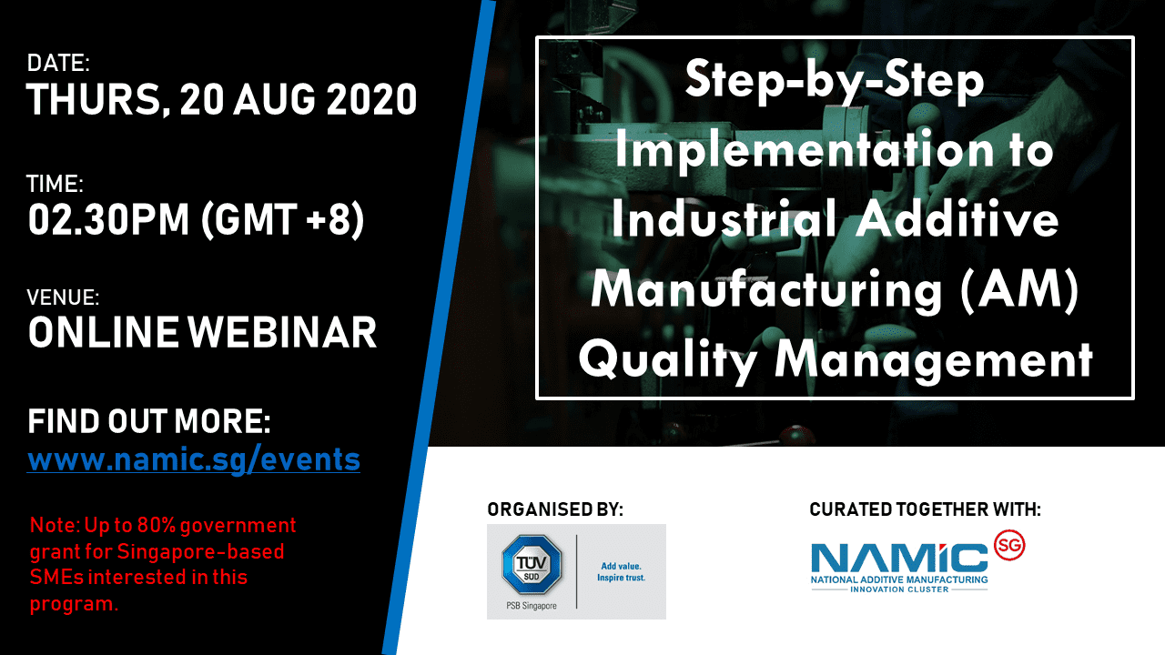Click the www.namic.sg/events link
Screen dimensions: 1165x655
(x=194, y=459)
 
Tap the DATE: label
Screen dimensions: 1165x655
(x=58, y=63)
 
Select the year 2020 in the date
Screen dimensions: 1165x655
(x=371, y=99)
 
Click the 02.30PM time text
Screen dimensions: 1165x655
(x=108, y=220)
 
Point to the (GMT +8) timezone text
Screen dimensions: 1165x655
(x=282, y=220)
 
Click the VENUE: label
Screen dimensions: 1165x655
(x=63, y=297)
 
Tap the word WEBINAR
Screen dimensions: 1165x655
(x=282, y=333)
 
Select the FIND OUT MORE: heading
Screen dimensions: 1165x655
(x=149, y=421)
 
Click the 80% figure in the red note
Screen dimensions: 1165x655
(x=156, y=525)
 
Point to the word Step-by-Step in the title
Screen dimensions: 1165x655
(x=835, y=80)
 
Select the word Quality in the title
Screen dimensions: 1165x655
(x=668, y=361)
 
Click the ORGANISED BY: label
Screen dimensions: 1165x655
(x=555, y=509)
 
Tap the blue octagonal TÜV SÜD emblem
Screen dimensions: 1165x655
(x=531, y=565)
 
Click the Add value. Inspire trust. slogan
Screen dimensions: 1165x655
(x=621, y=572)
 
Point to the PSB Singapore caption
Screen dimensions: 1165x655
(x=531, y=606)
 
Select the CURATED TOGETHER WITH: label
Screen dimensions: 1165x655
(x=926, y=509)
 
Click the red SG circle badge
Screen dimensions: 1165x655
(x=1009, y=545)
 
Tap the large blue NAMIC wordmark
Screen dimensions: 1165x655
(x=899, y=558)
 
